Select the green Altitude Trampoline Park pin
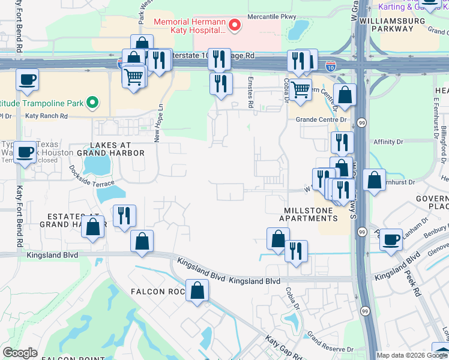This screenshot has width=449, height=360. (x=92, y=103)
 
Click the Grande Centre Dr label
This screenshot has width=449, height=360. (x=321, y=119)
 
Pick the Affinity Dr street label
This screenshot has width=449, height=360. (x=388, y=142)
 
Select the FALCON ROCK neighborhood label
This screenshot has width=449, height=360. (x=157, y=292)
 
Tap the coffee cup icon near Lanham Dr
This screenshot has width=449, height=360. (x=391, y=239)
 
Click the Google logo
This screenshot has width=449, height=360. (x=20, y=353)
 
